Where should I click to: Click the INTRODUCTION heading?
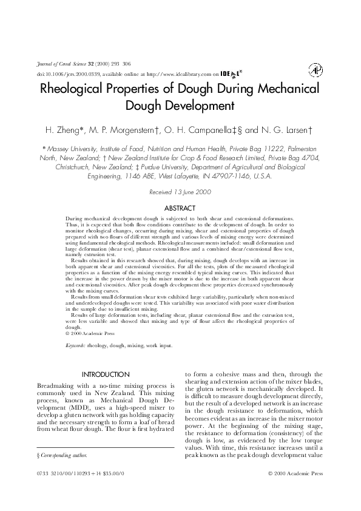click(106, 374)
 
